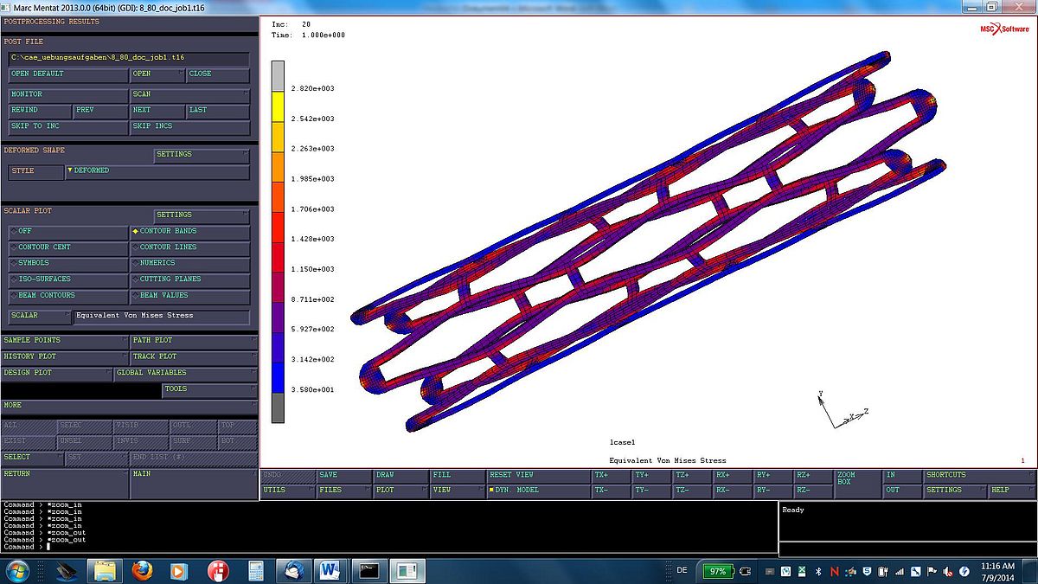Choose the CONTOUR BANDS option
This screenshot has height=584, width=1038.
pyautogui.click(x=190, y=231)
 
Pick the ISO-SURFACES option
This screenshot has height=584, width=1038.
pyautogui.click(x=67, y=279)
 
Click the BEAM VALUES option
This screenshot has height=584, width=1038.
pyautogui.click(x=190, y=296)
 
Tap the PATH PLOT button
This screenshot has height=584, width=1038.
pyautogui.click(x=192, y=341)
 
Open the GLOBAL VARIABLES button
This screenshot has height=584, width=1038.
pyautogui.click(x=185, y=373)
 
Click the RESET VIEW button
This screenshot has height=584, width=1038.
pyautogui.click(x=536, y=475)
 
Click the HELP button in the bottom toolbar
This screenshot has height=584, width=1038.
pyautogui.click(x=1009, y=491)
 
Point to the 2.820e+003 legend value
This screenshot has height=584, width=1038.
pyautogui.click(x=312, y=89)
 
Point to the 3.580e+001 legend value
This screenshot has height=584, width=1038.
pyautogui.click(x=312, y=390)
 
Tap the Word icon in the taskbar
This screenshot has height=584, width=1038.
pyautogui.click(x=330, y=571)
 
